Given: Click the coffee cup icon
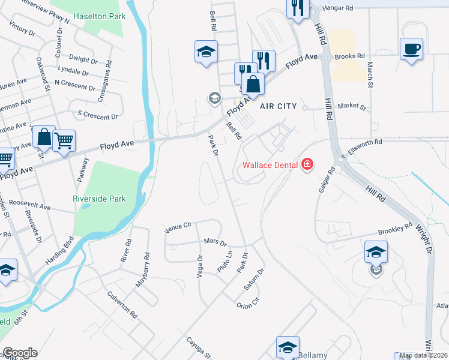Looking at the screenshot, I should point(411,49).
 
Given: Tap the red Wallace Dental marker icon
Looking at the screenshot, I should point(307,164).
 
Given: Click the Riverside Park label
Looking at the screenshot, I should point(100,199).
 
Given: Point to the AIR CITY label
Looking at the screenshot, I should point(279,106).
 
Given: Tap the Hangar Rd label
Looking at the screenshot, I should point(336,8).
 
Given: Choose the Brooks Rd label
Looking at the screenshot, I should point(351,56).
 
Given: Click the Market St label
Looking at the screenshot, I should point(352,107).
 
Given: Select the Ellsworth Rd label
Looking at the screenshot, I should point(365,143).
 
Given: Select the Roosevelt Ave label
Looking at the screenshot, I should point(29,205).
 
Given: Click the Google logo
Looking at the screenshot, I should point(20,353).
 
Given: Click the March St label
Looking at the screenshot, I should point(370,75).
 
